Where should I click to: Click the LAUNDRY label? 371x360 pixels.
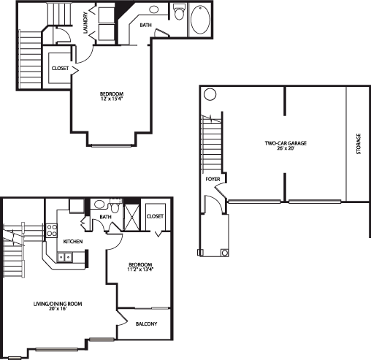click(85, 23)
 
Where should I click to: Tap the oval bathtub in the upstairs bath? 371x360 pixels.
click(200, 20)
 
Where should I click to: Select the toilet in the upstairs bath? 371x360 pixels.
click(179, 12)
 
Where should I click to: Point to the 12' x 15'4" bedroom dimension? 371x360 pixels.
click(112, 99)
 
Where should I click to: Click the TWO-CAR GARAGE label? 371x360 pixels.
click(286, 143)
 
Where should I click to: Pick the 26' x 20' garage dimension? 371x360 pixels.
click(286, 148)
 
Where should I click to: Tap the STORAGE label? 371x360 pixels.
click(359, 144)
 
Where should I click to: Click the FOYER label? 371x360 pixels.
click(213, 180)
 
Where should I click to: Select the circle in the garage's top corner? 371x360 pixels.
click(210, 94)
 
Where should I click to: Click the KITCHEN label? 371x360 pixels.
click(73, 242)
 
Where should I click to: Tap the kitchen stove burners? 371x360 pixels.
click(52, 231)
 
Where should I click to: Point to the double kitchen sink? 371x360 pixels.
click(65, 257)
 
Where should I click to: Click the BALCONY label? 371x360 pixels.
click(146, 324)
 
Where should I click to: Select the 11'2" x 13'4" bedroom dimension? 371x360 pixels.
click(140, 269)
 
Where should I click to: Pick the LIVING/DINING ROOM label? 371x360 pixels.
click(58, 304)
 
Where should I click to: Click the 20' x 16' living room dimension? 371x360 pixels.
click(58, 309)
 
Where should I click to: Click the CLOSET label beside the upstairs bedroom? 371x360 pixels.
click(60, 69)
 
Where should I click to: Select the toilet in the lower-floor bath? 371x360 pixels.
click(114, 207)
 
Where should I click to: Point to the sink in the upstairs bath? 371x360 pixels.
click(153, 9)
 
